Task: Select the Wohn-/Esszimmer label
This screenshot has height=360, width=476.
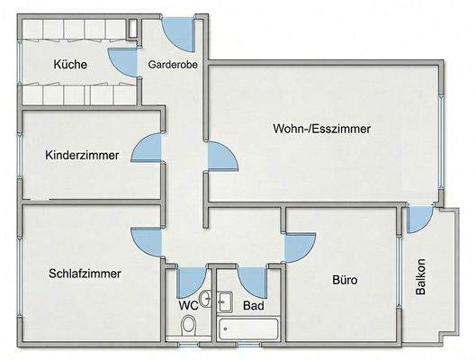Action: [x=322, y=129]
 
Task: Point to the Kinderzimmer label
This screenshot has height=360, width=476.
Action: [x=82, y=155]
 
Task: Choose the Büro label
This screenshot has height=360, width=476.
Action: [x=345, y=280]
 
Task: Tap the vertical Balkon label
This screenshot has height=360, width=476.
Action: [x=421, y=277]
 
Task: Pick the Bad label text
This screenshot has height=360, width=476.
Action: [x=253, y=306]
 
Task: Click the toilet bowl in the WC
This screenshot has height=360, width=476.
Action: [x=187, y=331]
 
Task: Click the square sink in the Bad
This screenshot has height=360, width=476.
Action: [x=225, y=302]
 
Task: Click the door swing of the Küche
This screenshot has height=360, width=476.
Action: [x=121, y=61]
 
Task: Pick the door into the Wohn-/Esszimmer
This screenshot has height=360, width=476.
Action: [x=220, y=157]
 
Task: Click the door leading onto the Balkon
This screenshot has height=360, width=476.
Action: [x=418, y=219]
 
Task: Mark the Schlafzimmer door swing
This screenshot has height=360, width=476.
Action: [x=146, y=240]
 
